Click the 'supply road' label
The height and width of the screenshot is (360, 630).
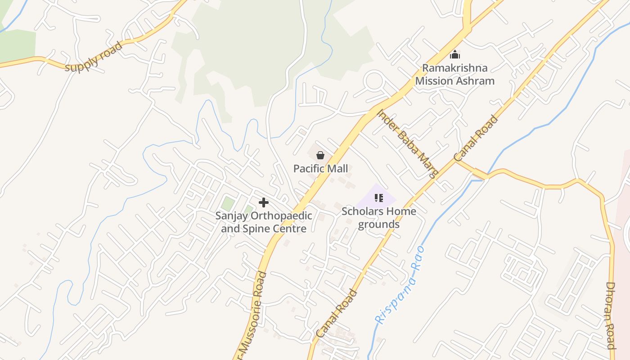(94, 57)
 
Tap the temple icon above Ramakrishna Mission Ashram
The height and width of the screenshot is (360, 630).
(455, 55)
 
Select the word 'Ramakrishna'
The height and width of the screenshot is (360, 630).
(454, 68)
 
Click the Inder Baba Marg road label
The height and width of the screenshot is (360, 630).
(407, 144)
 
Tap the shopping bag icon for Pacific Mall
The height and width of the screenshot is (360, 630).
(320, 156)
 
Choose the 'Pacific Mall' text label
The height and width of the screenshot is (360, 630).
(320, 169)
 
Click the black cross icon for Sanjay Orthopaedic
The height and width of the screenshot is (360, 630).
(264, 202)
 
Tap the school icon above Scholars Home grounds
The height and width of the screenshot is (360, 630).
(378, 198)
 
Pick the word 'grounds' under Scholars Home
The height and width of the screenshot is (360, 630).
(378, 224)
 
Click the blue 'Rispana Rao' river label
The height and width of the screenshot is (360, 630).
(400, 285)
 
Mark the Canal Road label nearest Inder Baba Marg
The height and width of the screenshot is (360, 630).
(476, 139)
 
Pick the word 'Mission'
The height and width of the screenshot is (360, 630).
(432, 81)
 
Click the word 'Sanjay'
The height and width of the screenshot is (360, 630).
(231, 216)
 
